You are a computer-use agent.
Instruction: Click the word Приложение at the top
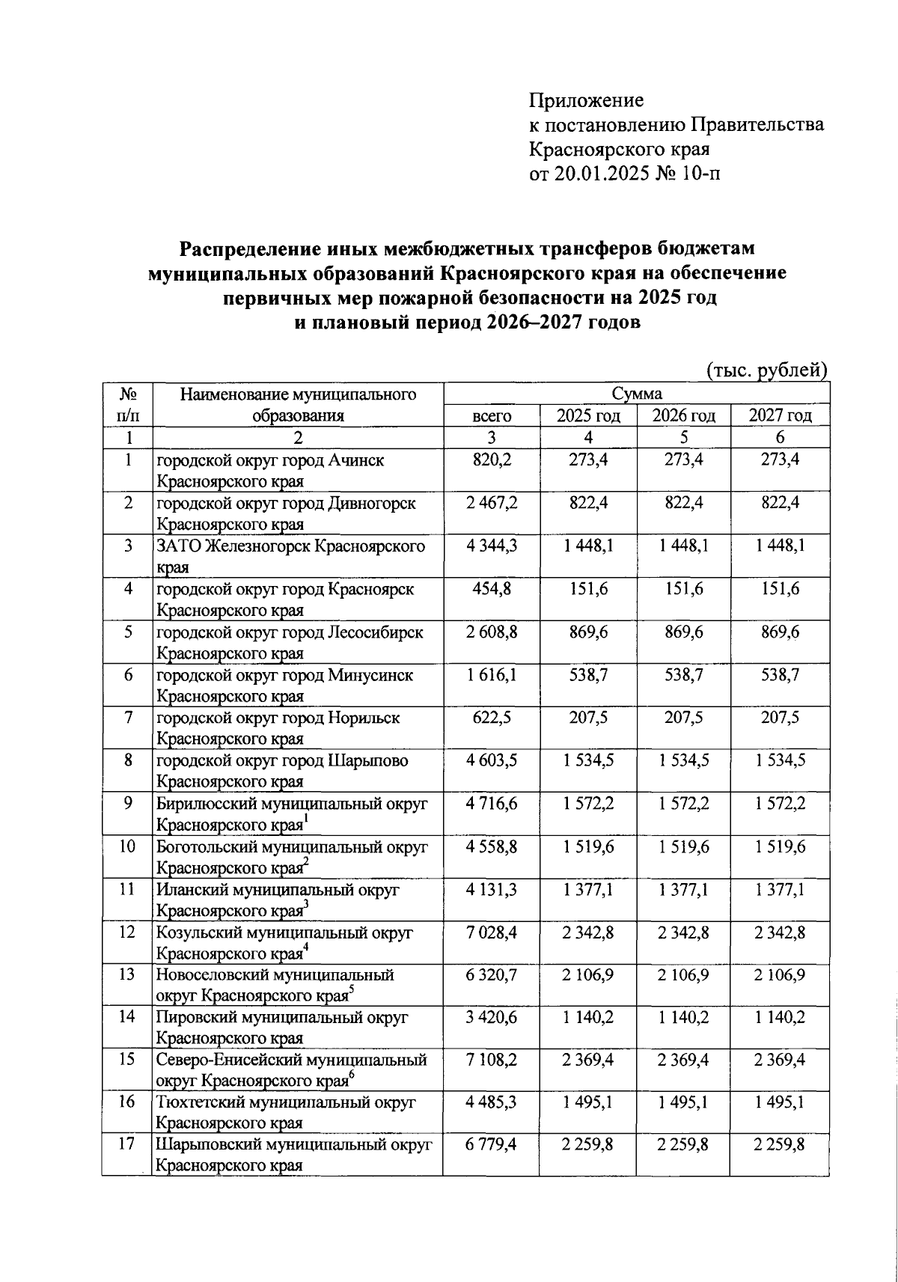586,100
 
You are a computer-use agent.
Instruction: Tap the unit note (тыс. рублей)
766,370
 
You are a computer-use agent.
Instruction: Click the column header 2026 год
684,416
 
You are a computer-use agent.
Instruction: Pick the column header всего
491,416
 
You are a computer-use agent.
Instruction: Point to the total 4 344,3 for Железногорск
491,546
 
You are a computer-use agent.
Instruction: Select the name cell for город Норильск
278,727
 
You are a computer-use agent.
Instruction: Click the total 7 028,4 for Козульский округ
491,932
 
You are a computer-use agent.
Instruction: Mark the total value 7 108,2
491,1060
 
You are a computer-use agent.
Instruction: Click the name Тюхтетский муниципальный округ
286,1102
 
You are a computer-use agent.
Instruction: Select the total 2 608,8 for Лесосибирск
491,632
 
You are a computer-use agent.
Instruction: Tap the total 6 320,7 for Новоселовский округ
491,975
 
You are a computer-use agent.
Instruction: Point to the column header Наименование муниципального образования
298,405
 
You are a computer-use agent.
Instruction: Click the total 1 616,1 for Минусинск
491,675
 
